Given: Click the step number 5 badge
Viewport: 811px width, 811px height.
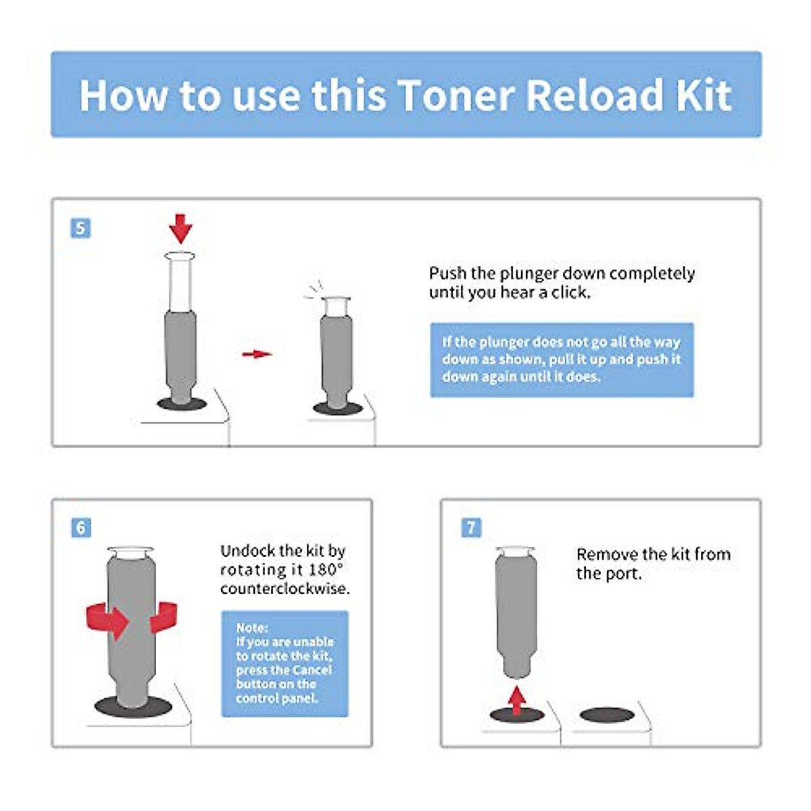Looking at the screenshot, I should click(80, 228).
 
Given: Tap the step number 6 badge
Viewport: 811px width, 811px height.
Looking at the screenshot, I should click(81, 528).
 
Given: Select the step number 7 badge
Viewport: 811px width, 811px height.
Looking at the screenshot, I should click(471, 528).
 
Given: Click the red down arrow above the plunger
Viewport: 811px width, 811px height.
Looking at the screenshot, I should click(180, 228).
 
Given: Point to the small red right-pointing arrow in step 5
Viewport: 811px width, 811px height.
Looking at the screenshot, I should click(257, 353).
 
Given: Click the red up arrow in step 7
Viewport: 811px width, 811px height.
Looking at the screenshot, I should click(517, 699).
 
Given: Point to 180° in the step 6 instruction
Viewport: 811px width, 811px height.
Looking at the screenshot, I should click(326, 570).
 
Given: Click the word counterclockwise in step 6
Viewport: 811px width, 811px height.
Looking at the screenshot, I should click(285, 589).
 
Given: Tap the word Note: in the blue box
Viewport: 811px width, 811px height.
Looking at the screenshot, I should click(252, 627).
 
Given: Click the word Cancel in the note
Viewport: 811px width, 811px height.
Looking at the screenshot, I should click(312, 670).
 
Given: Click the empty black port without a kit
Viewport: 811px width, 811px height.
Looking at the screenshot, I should click(607, 714).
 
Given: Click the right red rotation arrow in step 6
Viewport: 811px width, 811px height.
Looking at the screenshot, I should click(164, 616).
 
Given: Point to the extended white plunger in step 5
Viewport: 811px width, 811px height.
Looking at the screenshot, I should click(180, 280).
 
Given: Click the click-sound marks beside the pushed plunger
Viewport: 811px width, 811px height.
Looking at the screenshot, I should click(312, 291).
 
